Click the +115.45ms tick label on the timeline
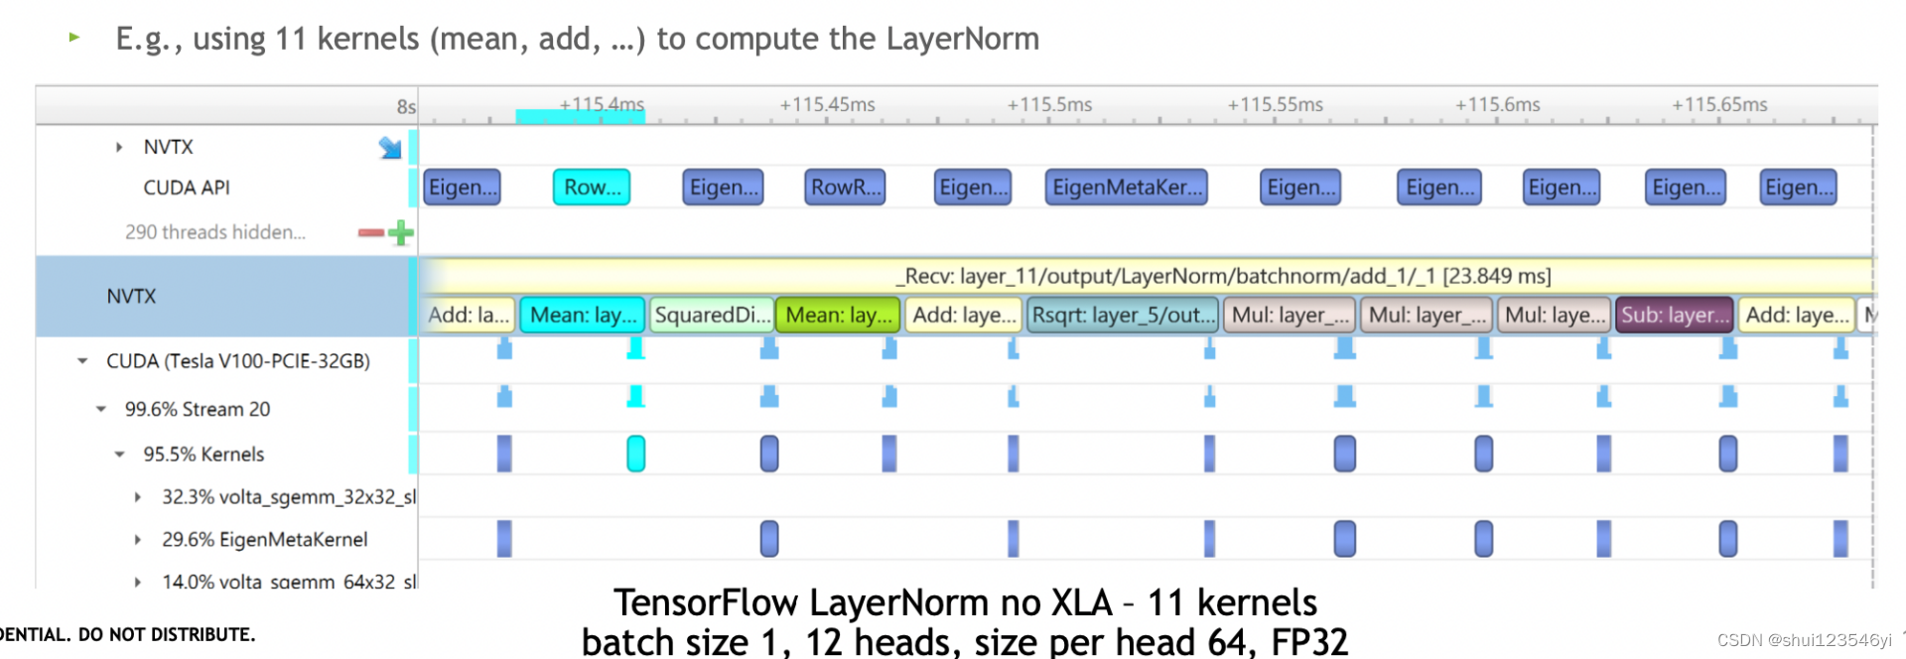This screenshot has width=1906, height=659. pos(827,104)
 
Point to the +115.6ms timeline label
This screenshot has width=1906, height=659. pos(1497,104)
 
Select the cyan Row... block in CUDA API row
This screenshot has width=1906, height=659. pos(592,187)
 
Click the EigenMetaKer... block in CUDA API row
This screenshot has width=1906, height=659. pos(1126,187)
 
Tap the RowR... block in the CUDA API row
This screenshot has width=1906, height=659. pos(845,187)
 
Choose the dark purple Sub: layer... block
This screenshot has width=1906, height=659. pos(1674,315)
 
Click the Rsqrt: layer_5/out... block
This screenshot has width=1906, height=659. pos(1123,315)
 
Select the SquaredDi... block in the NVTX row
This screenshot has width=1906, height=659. pos(712,315)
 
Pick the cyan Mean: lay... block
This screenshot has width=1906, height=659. pos(583,315)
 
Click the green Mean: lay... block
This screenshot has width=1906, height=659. pos(838,315)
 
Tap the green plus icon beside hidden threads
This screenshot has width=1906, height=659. pos(401,233)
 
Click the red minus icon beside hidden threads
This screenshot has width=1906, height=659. pos(370,233)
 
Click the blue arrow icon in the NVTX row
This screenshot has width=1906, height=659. pos(390,148)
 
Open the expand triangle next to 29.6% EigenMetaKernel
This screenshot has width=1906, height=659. pos(138,540)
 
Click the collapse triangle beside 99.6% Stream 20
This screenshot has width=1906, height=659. pos(101,409)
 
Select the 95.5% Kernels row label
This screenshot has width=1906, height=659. pos(204,455)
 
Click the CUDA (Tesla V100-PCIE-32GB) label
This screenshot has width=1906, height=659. pos(237,361)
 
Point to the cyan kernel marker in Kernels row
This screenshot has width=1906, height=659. pos(636,454)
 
